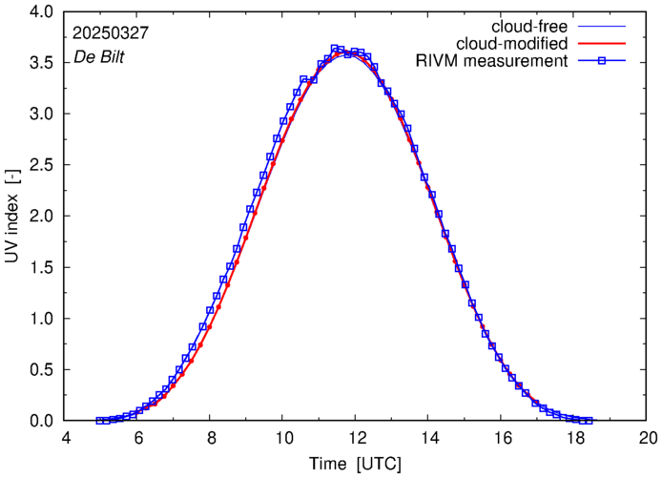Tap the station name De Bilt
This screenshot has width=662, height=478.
click(x=99, y=57)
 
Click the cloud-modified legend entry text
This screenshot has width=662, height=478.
click(x=512, y=44)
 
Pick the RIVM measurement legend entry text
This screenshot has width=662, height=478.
click(x=494, y=61)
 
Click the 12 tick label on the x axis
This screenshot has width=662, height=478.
click(x=357, y=438)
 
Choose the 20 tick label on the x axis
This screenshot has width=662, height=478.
click(x=648, y=438)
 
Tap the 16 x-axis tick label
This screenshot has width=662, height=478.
click(x=503, y=438)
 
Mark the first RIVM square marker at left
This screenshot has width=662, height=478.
click(x=99, y=420)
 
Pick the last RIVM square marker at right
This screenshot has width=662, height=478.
click(x=590, y=420)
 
